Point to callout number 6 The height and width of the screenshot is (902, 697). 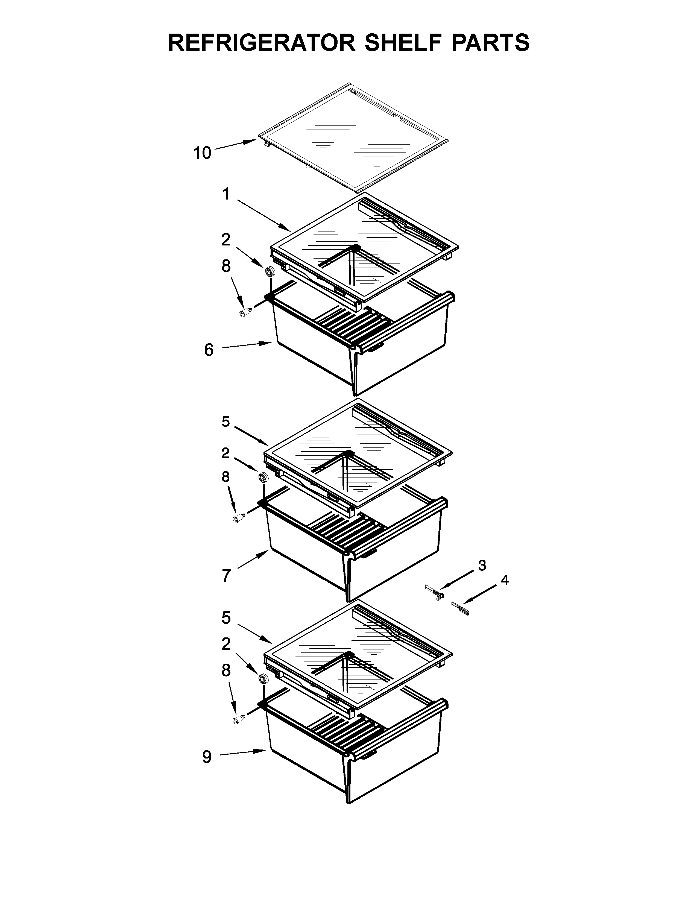pos(209,350)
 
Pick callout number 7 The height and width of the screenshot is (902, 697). pos(226,575)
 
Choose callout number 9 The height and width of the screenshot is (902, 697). pos(207,757)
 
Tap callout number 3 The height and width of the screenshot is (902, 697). pos(482,566)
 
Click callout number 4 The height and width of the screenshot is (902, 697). pos(504,580)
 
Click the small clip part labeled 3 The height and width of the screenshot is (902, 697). pos(435,592)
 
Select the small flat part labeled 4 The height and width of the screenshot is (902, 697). pos(461,608)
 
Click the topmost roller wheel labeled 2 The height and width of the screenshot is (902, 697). pos(270,272)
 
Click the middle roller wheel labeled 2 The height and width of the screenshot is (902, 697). pos(263,478)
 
